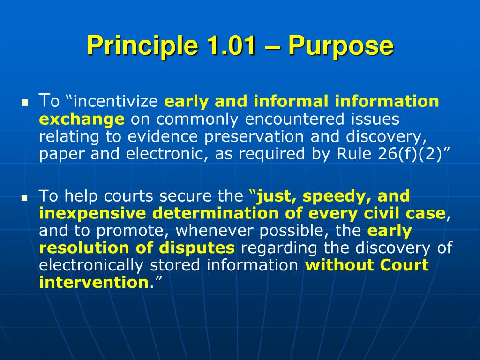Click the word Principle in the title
click(x=142, y=46)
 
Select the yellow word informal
click(x=291, y=101)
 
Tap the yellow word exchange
click(x=82, y=119)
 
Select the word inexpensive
click(x=92, y=214)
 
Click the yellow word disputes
click(x=197, y=248)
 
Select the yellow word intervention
click(x=94, y=282)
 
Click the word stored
click(x=175, y=265)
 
